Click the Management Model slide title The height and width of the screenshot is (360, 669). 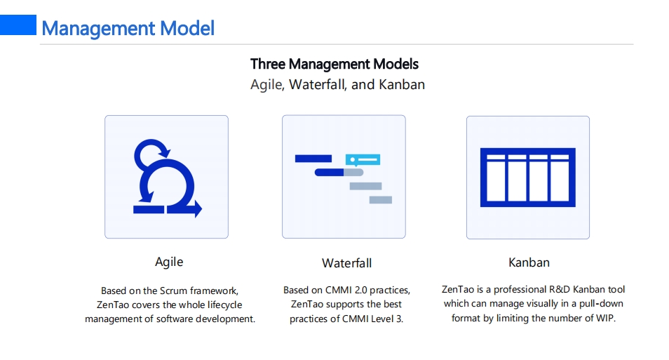128,29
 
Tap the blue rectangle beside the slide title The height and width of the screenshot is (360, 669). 18,25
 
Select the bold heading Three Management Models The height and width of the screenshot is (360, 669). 334,64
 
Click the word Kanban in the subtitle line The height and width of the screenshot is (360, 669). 402,84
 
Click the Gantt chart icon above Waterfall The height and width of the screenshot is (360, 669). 344,178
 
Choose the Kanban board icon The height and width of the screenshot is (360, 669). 528,178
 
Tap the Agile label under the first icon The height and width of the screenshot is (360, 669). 169,262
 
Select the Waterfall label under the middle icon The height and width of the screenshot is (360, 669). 347,263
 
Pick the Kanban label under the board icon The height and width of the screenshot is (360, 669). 529,262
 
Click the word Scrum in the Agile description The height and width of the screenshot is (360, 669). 173,291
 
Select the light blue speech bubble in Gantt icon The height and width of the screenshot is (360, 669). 363,160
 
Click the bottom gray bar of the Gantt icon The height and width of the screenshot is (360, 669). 381,200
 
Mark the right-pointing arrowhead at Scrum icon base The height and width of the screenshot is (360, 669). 198,209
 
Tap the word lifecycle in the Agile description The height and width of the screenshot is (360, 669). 225,305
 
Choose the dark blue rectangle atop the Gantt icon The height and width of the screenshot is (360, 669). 313,159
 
